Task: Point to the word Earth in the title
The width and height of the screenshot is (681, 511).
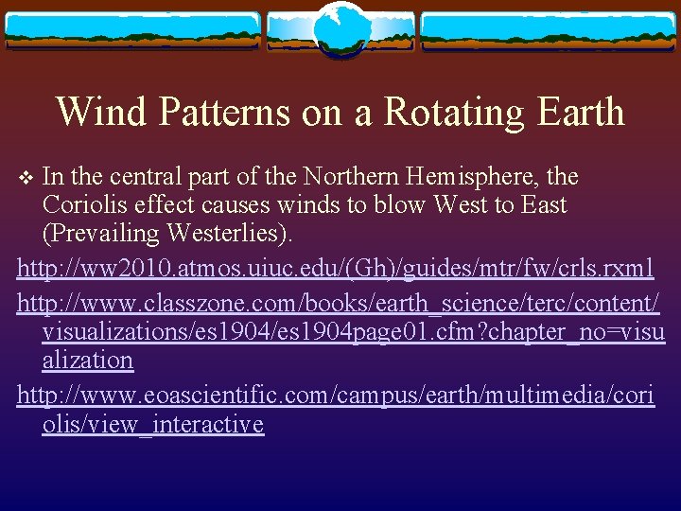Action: pyautogui.click(x=576, y=112)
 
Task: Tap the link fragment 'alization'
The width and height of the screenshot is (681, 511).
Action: pyautogui.click(x=88, y=361)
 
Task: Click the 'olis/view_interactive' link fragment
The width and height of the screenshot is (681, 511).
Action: pyautogui.click(x=152, y=424)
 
